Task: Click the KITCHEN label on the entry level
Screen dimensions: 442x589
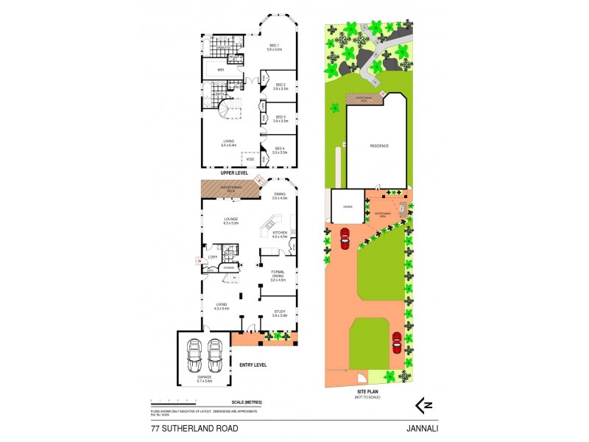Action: [280, 234]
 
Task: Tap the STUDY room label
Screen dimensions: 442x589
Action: [279, 314]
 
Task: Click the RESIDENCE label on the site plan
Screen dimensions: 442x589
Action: [379, 146]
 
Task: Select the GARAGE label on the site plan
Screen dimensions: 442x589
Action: [348, 207]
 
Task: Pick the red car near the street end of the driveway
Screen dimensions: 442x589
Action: [398, 343]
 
